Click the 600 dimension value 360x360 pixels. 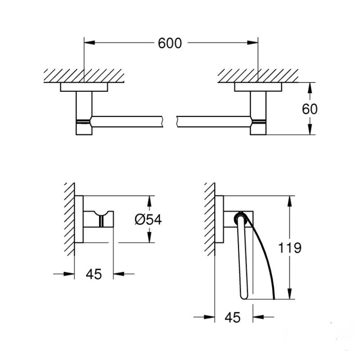[170, 43]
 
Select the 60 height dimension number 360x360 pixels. [310, 109]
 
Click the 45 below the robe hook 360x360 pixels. [94, 274]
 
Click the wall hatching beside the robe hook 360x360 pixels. [69, 218]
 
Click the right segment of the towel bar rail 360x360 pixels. [211, 121]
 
